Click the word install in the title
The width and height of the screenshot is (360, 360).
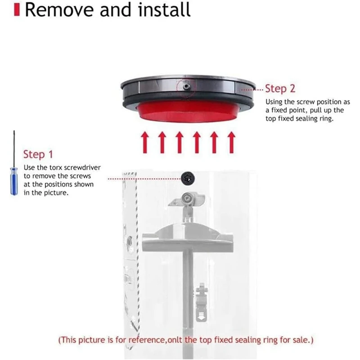[x=162, y=10]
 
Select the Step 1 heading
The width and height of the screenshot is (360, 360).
[x=38, y=154]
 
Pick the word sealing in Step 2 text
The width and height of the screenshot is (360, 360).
[x=301, y=119]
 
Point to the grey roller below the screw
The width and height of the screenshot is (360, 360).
[x=187, y=198]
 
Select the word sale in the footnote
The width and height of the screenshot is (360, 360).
[x=297, y=340]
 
